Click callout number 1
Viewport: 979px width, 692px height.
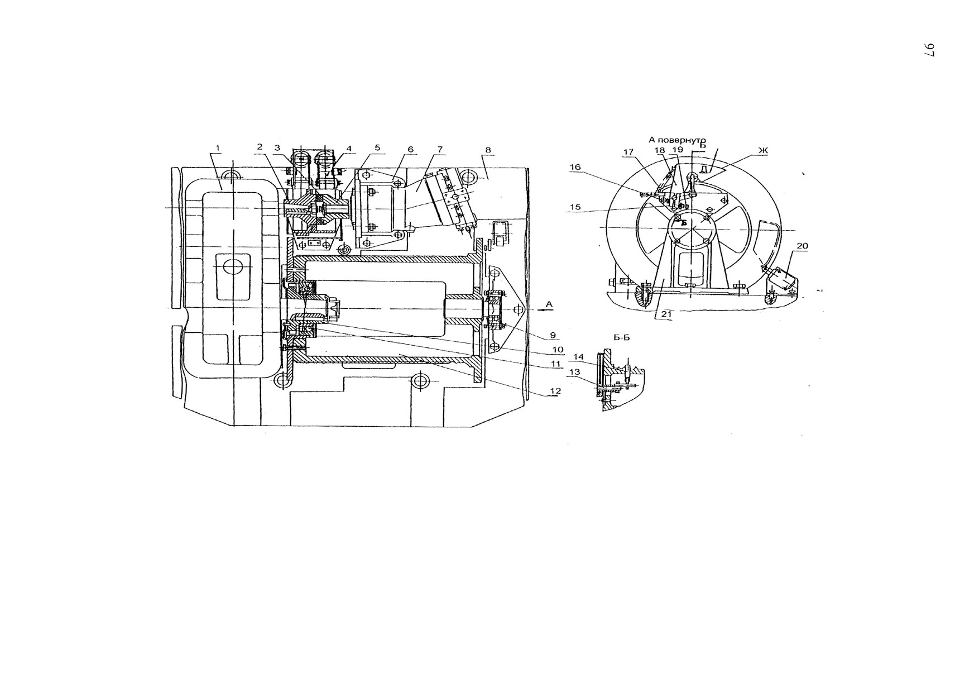click(x=218, y=148)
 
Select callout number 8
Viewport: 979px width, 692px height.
click(x=488, y=150)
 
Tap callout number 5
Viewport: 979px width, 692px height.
click(x=377, y=148)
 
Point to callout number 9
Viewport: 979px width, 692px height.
click(x=552, y=335)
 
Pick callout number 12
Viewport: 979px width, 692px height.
click(x=555, y=392)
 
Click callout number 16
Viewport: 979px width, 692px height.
click(x=575, y=167)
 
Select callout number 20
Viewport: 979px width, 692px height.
click(x=802, y=246)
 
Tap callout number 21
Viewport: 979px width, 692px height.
click(x=665, y=314)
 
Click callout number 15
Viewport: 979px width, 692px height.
click(x=575, y=207)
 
